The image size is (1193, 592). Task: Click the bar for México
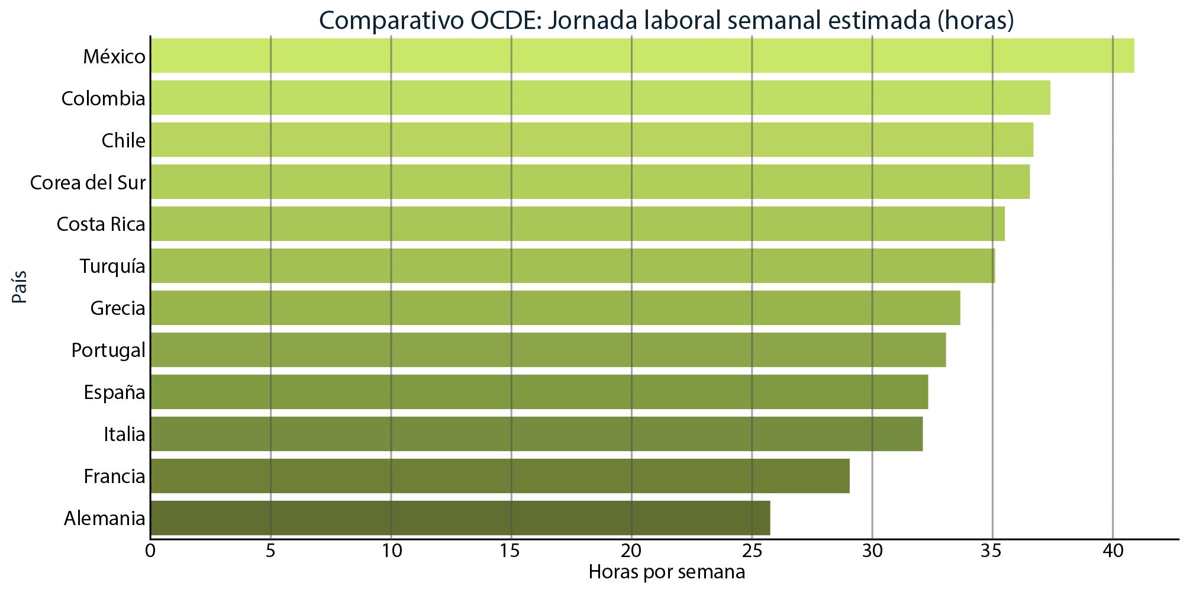point(642,56)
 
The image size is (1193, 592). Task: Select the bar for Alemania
point(460,518)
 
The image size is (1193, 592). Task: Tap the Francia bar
point(500,476)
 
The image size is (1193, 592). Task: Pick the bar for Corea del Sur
point(590,182)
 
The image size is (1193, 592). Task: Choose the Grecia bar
point(555,308)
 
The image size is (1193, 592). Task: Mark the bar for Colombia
point(600,98)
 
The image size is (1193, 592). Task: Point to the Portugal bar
point(548,350)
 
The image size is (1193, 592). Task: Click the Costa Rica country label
point(101,224)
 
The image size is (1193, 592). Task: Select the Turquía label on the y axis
point(112,266)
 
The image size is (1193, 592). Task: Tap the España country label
point(114,392)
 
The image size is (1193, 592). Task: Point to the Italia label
point(124,435)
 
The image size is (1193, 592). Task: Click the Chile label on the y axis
point(123,140)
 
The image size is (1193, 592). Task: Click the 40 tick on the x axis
point(1113,552)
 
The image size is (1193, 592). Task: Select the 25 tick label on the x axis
point(752,552)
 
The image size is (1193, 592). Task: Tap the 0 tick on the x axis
point(150,552)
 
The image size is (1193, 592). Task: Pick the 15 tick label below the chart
point(511,552)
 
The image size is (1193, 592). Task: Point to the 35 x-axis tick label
point(992,552)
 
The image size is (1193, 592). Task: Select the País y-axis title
point(20,287)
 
